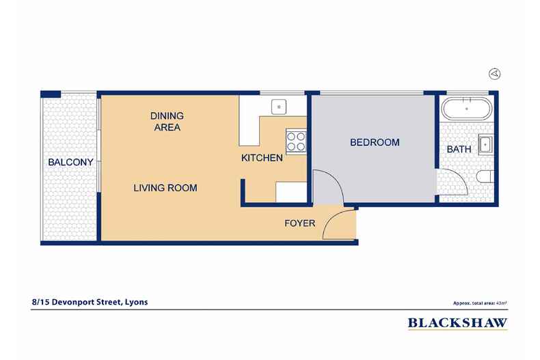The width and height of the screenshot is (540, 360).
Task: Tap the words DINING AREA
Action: tap(167, 121)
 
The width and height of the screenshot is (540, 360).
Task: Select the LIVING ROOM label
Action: tap(165, 187)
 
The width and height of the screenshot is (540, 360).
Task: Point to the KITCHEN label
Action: tap(262, 158)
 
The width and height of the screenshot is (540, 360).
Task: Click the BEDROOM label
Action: tap(374, 143)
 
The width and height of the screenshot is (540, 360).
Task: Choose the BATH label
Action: tap(458, 149)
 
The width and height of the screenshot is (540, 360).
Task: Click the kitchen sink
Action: tap(278, 106)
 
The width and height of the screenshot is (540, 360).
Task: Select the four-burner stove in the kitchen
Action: tap(296, 141)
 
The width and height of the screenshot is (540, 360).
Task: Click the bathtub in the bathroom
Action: tap(465, 109)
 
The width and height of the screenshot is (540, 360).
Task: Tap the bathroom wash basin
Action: tap(485, 144)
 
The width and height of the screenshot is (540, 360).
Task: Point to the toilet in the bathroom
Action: tap(484, 178)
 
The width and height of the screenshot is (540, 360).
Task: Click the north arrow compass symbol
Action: tap(495, 74)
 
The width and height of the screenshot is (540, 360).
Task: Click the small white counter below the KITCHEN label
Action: tap(289, 191)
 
